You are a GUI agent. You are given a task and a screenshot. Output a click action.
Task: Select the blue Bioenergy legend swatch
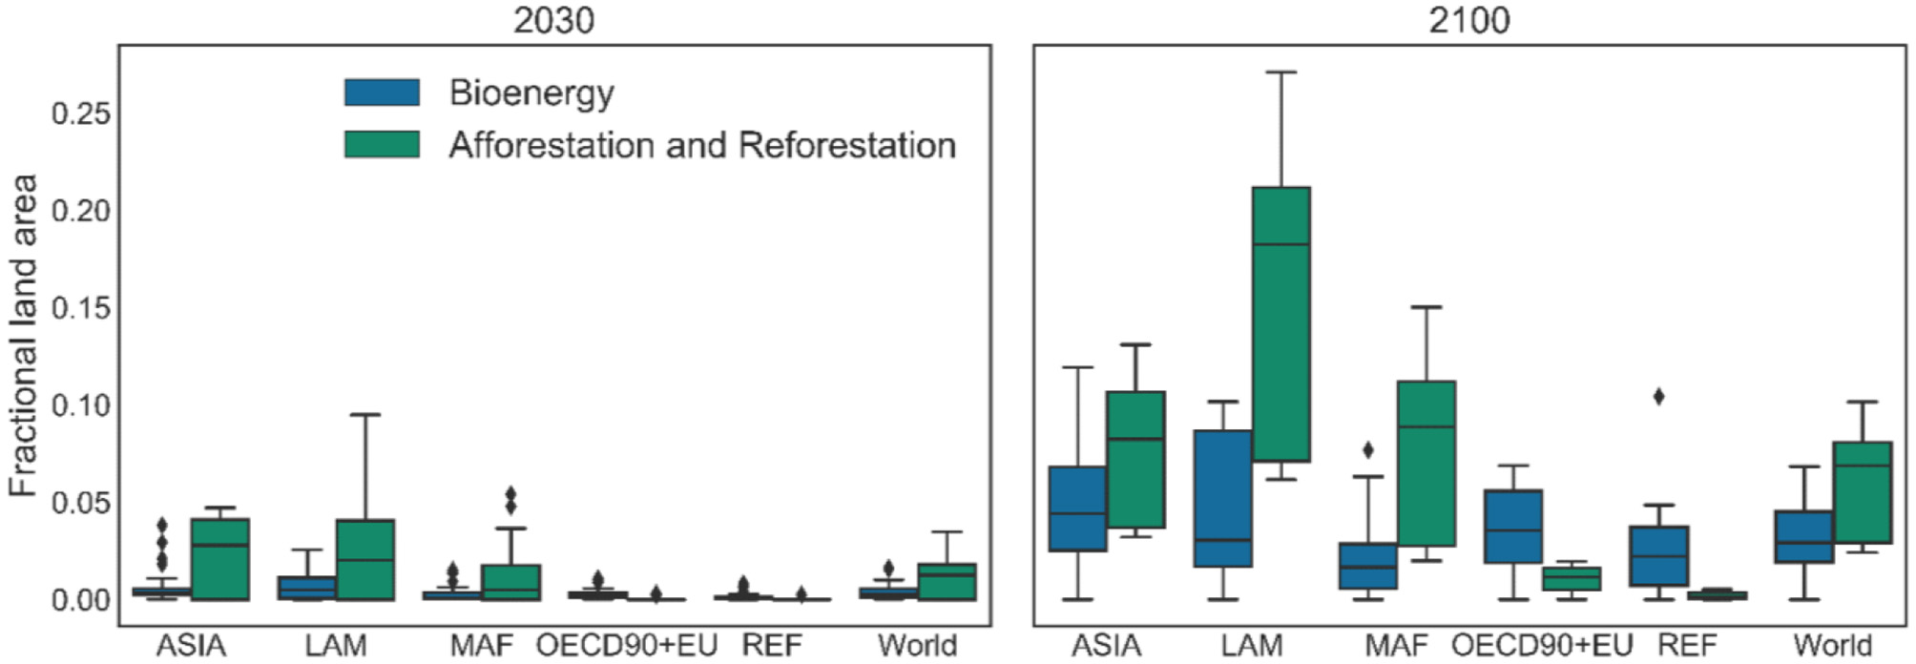tap(382, 93)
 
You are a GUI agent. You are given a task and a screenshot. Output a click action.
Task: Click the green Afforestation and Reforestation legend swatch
tap(382, 144)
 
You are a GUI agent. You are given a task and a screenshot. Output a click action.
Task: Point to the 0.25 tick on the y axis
tap(81, 114)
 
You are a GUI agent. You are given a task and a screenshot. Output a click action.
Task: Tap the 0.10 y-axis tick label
tap(81, 405)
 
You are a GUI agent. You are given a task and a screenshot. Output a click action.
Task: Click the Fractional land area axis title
tap(23, 335)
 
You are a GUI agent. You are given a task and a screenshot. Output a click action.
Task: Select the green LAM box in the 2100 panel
tap(1281, 324)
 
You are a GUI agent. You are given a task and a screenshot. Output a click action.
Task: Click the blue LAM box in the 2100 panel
tap(1222, 498)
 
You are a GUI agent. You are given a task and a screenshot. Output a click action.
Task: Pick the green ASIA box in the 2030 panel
tap(220, 559)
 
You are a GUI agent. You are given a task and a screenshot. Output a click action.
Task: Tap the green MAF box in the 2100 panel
tap(1426, 464)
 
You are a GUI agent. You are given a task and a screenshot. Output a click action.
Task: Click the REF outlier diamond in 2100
tap(1658, 396)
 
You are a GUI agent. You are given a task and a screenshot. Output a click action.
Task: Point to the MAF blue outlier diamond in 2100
tap(1367, 449)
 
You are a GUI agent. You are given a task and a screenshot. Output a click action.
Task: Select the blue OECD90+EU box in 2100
tap(1512, 527)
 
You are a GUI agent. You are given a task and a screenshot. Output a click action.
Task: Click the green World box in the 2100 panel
tap(1862, 492)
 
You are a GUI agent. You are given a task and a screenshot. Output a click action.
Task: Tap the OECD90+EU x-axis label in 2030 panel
tap(626, 646)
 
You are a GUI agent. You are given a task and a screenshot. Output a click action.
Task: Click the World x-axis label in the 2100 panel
tap(1832, 646)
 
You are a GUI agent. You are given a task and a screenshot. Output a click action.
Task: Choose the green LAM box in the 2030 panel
tap(365, 560)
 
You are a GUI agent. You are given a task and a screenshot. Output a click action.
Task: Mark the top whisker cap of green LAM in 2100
tap(1281, 72)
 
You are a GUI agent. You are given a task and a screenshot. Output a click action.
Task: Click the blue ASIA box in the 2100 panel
tap(1077, 508)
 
